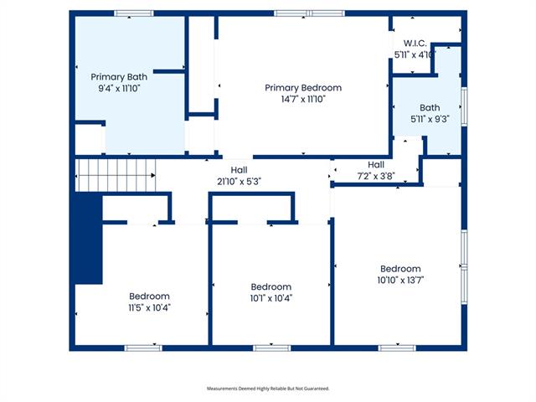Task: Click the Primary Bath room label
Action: (119, 77)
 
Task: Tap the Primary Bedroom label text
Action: (303, 88)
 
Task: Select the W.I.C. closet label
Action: (415, 44)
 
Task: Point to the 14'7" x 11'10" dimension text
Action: (303, 99)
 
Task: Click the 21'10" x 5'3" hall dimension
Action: (239, 182)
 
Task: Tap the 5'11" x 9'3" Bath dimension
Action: (430, 119)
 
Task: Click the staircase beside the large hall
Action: (116, 175)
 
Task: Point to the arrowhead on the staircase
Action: (153, 175)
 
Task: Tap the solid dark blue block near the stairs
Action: (89, 238)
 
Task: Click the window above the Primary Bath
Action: (134, 13)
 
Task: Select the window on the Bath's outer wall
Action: (464, 106)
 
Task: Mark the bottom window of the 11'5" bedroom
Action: (143, 348)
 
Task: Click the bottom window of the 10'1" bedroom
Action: (271, 348)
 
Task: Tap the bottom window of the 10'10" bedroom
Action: (397, 348)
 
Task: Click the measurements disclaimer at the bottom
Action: (268, 389)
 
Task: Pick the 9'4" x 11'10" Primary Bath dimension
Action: (119, 89)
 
